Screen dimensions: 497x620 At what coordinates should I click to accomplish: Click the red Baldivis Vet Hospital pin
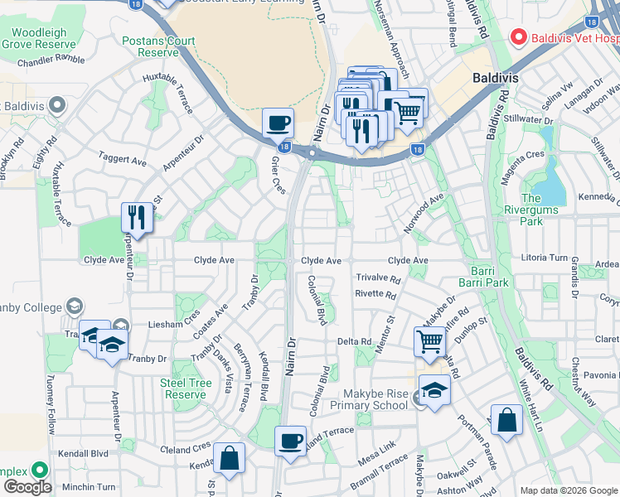(519, 36)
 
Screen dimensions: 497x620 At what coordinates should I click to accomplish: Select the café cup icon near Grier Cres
(278, 123)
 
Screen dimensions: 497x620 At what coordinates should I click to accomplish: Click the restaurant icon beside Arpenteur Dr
(137, 218)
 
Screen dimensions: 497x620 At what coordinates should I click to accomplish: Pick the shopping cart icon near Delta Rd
(429, 340)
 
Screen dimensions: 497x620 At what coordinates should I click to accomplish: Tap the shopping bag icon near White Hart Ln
(506, 420)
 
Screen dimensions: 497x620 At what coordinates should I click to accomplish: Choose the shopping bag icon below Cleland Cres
(229, 457)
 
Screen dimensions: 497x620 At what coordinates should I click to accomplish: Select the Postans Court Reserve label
(158, 46)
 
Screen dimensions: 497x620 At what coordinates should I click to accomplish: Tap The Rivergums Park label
(542, 210)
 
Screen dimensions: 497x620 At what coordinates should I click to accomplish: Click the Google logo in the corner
(27, 487)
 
